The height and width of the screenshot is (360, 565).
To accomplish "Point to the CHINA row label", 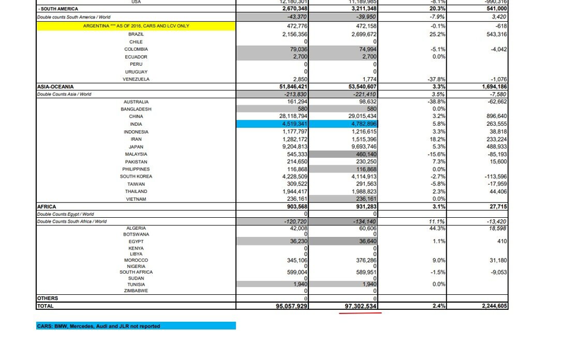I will coord(136,117).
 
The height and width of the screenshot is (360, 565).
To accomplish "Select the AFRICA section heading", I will coord(47,207).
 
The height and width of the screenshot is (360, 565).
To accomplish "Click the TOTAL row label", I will coord(47,307).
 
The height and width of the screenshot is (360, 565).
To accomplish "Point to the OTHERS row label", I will coord(47,298).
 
